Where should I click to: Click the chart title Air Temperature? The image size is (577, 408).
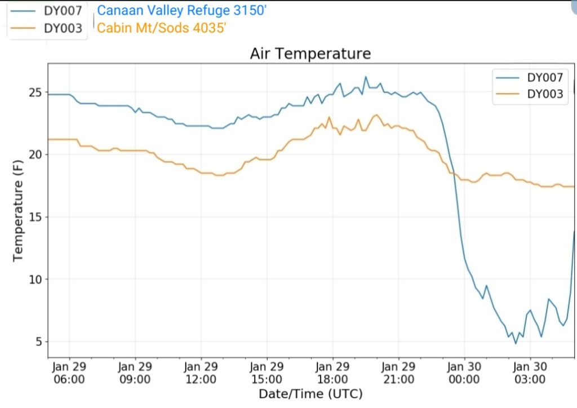click(x=310, y=54)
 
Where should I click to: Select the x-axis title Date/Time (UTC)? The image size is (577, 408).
click(x=310, y=393)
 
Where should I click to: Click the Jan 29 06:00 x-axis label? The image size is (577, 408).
click(x=69, y=372)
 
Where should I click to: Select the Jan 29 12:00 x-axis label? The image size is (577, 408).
click(x=201, y=372)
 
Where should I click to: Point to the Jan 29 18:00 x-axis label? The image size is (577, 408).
click(x=332, y=372)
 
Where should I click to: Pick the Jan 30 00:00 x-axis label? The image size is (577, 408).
click(x=464, y=372)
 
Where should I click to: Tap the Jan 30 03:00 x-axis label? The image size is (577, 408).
click(x=530, y=372)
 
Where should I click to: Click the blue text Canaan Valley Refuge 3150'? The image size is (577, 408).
click(x=181, y=11)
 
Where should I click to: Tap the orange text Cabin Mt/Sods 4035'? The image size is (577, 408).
click(x=162, y=28)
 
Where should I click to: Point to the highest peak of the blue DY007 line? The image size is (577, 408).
click(x=365, y=77)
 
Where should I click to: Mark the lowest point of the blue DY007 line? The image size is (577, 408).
click(x=515, y=343)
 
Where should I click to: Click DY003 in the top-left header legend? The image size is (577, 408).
click(x=63, y=29)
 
